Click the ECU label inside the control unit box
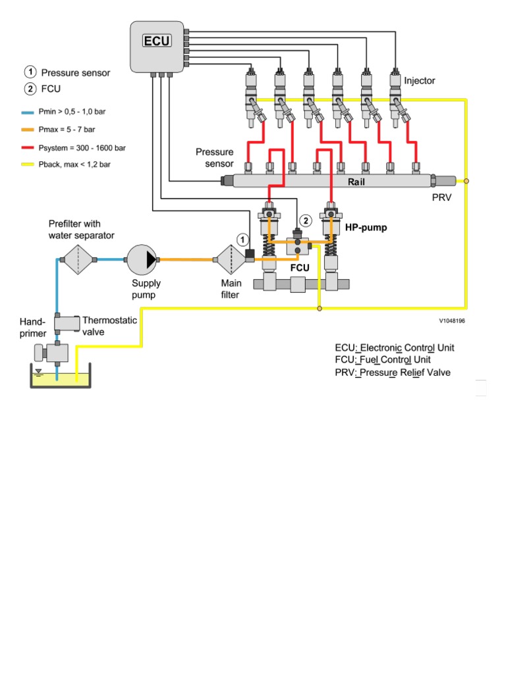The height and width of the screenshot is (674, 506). (x=157, y=41)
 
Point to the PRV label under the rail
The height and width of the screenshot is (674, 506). (x=441, y=197)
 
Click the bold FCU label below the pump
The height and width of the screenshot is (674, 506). (x=300, y=269)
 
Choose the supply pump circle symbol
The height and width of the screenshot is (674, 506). (x=142, y=259)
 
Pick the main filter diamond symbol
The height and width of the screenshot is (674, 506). (x=231, y=259)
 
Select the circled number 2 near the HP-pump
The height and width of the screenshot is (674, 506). (x=305, y=220)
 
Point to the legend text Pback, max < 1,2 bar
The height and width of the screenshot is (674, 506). (x=76, y=165)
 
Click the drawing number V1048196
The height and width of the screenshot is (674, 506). (x=453, y=322)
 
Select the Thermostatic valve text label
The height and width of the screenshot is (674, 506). (x=109, y=326)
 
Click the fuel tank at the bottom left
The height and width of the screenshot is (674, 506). (x=59, y=378)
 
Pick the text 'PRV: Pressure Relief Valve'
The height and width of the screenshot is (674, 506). (x=393, y=373)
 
